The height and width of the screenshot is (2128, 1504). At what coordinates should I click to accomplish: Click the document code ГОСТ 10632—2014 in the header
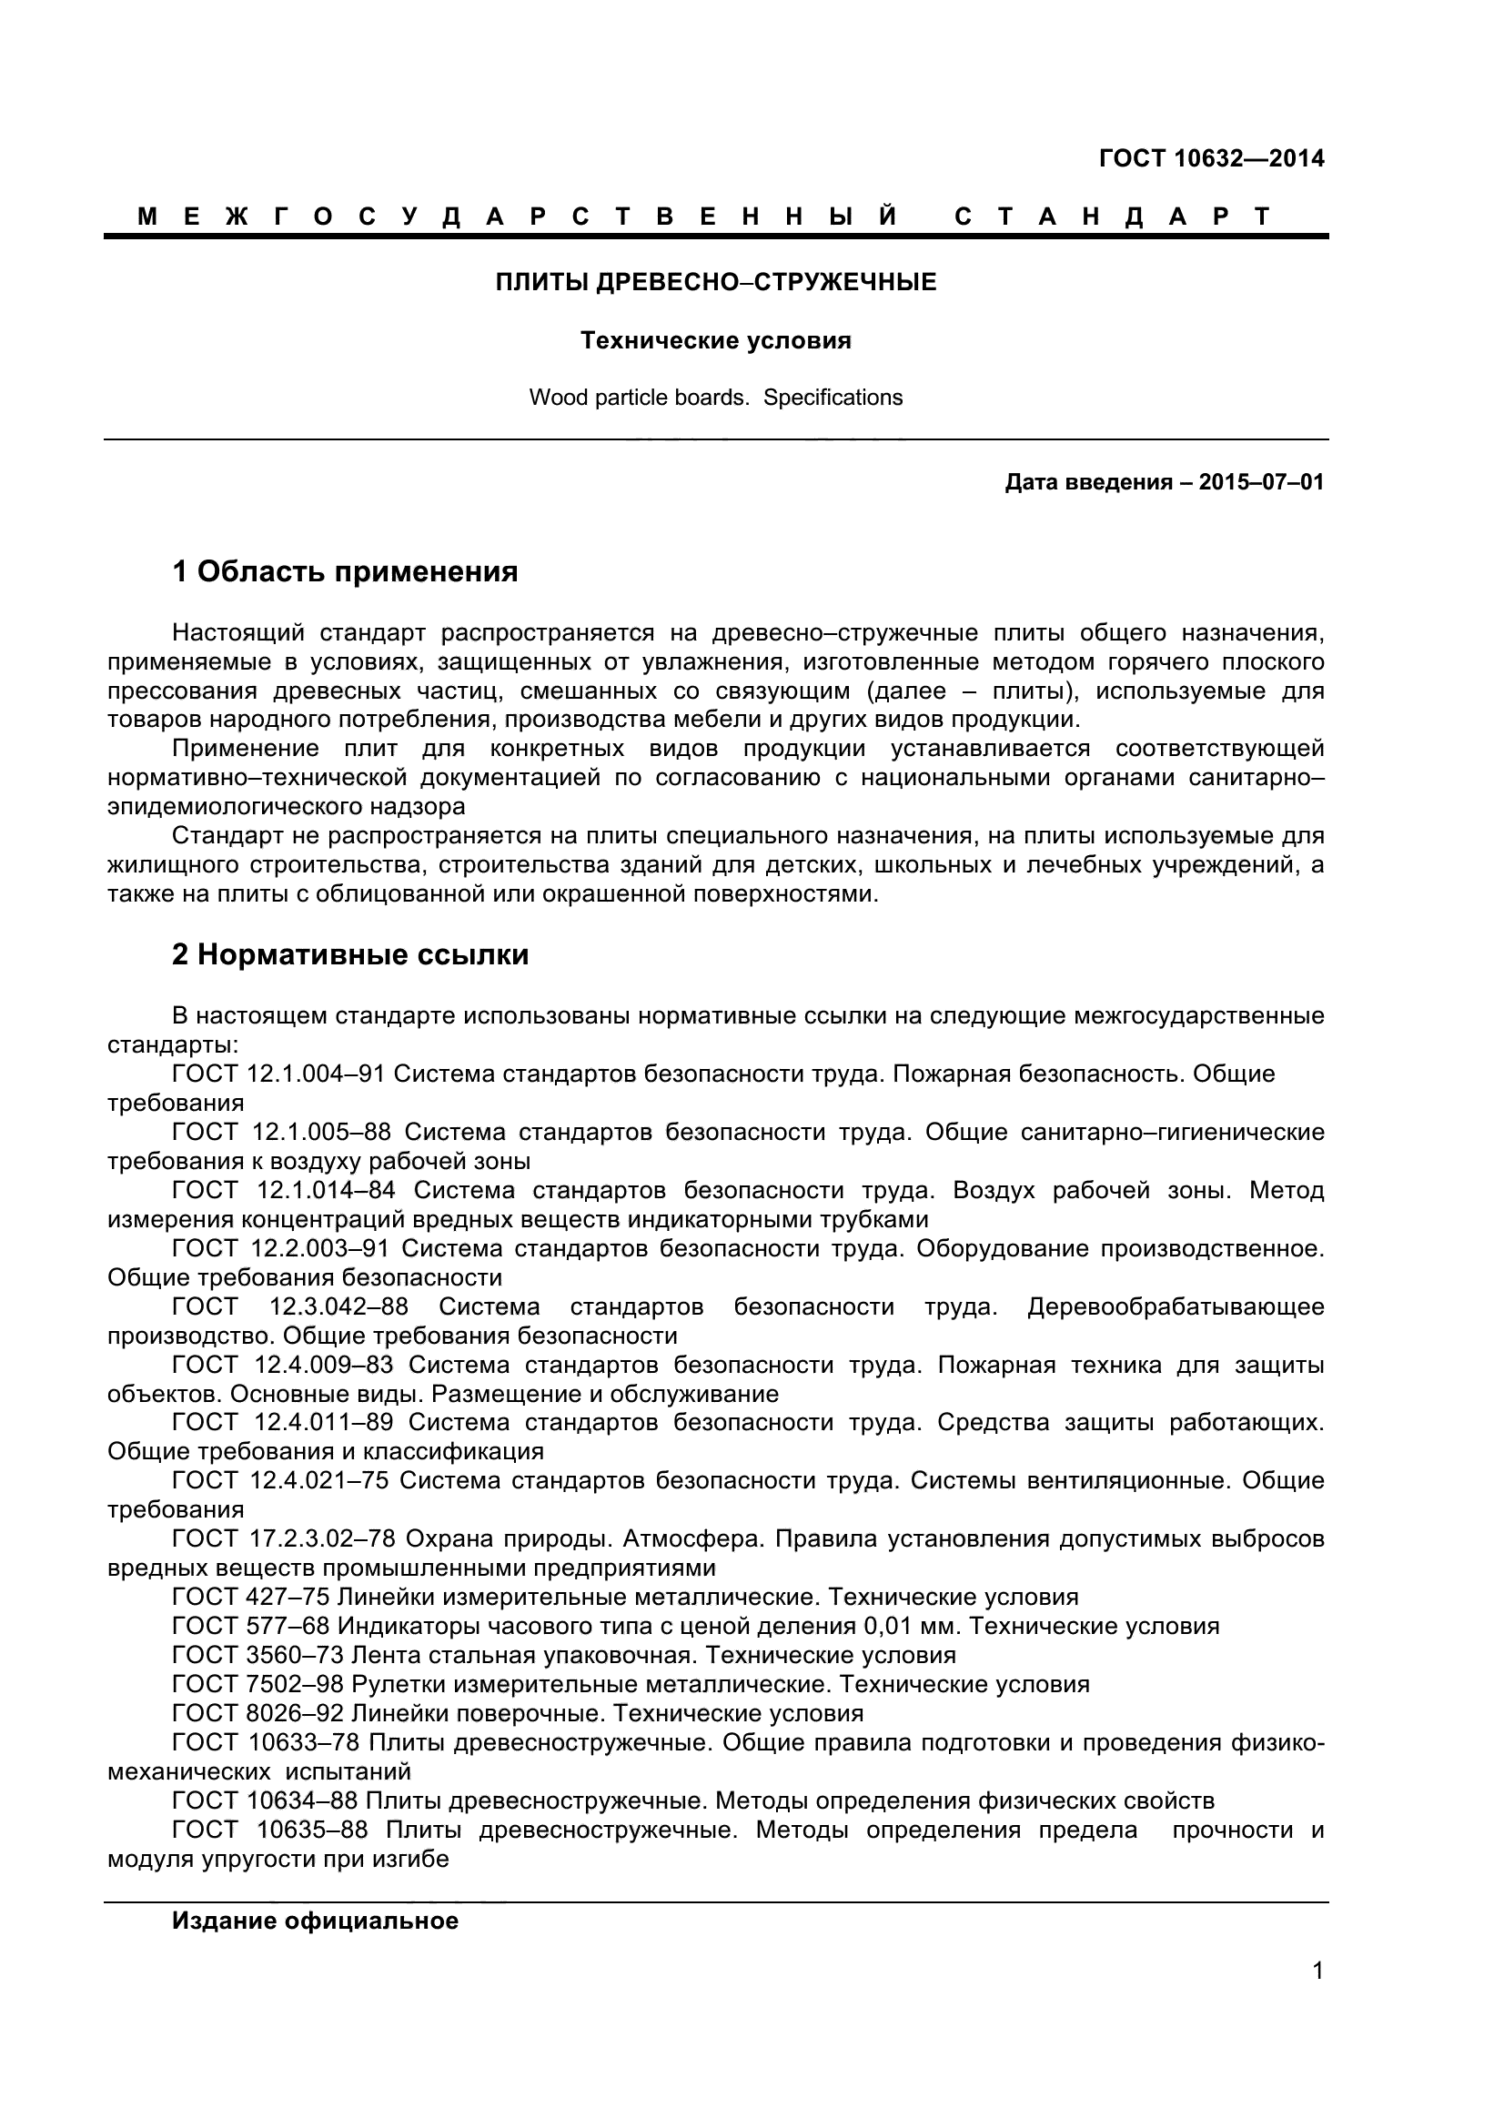pos(1211,158)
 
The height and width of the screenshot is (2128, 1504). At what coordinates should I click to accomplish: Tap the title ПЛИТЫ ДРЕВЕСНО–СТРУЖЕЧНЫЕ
pos(715,282)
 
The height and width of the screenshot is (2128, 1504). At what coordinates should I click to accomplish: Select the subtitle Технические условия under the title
pos(715,341)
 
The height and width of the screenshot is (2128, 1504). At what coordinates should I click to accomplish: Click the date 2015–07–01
pos(1261,482)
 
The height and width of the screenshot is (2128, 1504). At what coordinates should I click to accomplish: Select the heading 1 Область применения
pos(345,572)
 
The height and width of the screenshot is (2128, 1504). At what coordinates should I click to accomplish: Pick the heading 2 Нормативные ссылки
pos(350,954)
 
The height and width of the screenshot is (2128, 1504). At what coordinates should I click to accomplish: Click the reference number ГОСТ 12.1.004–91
pos(278,1074)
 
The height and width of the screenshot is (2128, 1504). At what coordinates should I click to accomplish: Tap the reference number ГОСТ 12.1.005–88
pos(282,1133)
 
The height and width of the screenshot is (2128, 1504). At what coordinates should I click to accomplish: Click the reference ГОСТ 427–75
pos(251,1597)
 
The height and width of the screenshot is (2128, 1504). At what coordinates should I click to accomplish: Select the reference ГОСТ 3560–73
pos(257,1655)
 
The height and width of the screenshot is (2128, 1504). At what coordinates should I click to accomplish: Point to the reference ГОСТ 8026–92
pos(257,1714)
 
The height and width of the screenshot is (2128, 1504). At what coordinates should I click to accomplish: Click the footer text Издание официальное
pos(315,1921)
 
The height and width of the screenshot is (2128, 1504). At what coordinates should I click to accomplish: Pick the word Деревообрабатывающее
pos(1175,1306)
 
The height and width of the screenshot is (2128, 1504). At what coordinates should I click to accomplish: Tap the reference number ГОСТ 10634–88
pos(265,1800)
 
